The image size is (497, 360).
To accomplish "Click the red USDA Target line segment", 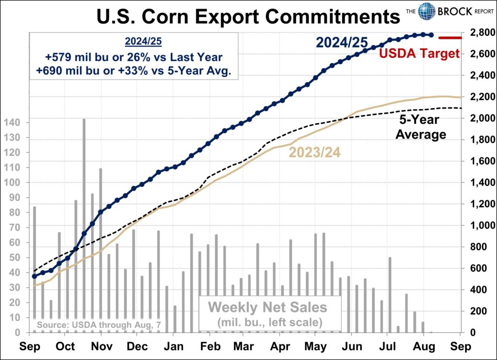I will pos(450,37).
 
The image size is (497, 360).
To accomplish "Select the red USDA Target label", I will pos(419,53).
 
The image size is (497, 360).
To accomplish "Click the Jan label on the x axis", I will pos(173,347).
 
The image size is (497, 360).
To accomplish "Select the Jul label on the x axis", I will pos(387,347).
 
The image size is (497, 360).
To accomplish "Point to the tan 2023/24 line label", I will pos(314,152).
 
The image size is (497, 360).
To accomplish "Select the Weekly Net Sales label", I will pos(268,307).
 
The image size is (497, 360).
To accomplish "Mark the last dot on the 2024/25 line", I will pos(431,35).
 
